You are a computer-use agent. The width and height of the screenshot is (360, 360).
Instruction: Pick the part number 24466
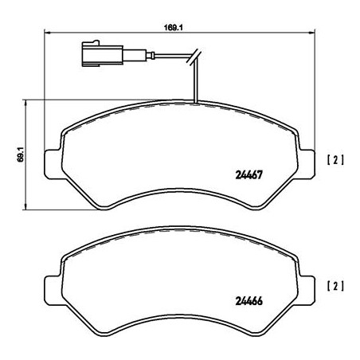248,300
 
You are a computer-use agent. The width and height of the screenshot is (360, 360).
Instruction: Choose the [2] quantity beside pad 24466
335,284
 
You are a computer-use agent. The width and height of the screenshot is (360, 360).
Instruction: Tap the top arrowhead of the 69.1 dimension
29,103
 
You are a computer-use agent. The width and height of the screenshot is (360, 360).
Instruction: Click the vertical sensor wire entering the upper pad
195,84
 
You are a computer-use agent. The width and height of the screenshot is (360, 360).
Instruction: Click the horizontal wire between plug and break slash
159,57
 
